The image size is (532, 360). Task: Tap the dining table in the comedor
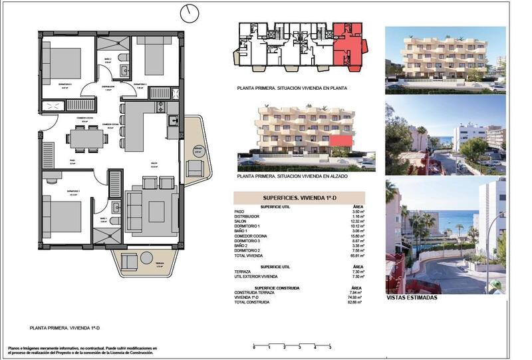(86, 138)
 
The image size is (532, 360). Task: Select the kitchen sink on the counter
(172, 120)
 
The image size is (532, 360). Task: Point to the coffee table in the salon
(156, 212)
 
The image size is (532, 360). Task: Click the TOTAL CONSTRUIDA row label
(252, 301)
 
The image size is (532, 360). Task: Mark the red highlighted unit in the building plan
(347, 43)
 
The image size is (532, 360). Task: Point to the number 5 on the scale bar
(330, 347)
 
